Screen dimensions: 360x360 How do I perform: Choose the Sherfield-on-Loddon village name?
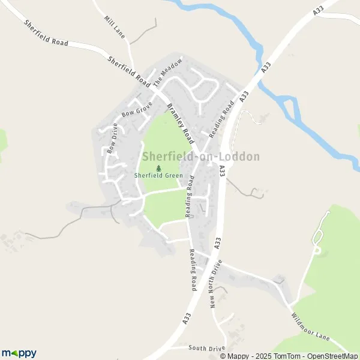[x=201, y=157]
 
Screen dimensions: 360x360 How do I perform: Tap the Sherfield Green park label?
[x=159, y=177]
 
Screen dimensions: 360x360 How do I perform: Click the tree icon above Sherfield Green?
[x=159, y=169]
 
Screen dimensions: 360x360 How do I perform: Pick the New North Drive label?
[x=216, y=283]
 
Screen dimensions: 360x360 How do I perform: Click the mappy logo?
[x=19, y=353]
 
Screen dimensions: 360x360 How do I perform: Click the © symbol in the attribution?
[x=223, y=356]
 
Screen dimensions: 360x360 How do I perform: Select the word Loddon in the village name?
[x=240, y=157]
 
